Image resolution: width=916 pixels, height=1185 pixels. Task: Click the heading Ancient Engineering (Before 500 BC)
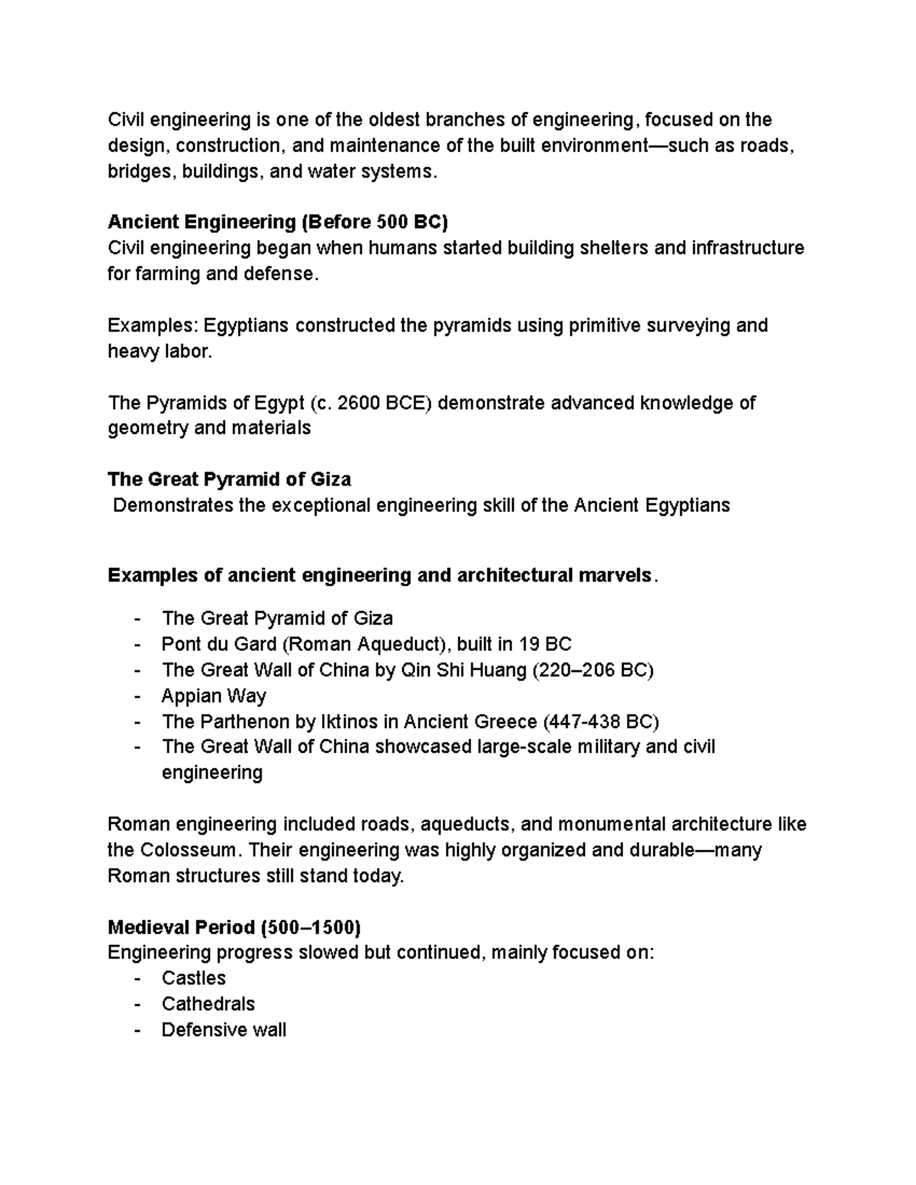(x=278, y=222)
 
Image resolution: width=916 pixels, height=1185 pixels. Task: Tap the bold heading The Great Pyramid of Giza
(x=229, y=479)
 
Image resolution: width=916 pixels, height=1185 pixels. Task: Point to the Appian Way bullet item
(x=214, y=696)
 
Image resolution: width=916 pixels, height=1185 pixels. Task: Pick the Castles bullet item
(x=194, y=978)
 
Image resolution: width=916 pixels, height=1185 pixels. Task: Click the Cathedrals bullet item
(x=208, y=1004)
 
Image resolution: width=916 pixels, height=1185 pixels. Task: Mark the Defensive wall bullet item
(x=224, y=1030)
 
